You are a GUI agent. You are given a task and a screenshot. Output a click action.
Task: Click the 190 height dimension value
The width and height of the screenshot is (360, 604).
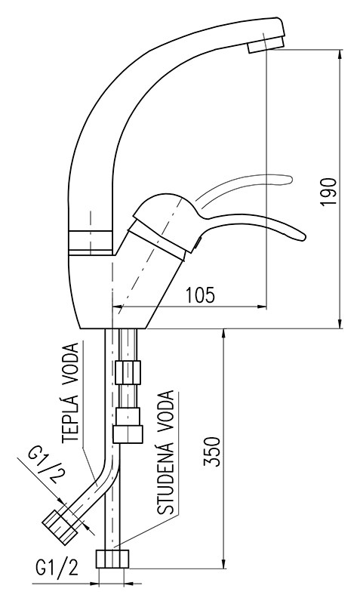[329, 192]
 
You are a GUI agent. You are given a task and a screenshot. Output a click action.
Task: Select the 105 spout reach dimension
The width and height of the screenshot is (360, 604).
[200, 295]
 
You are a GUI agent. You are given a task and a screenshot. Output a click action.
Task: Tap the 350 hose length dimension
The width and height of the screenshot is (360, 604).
[212, 451]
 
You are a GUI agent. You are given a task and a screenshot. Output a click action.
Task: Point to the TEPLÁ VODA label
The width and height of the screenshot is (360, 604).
[71, 391]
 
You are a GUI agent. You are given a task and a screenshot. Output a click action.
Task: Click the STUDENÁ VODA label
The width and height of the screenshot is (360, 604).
[166, 452]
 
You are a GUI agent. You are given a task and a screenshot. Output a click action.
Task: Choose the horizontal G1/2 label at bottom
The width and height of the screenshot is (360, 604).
[57, 567]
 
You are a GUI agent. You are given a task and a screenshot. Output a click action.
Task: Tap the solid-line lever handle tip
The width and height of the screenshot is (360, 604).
[302, 236]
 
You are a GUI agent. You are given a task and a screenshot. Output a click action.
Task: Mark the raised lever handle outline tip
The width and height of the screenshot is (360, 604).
[288, 179]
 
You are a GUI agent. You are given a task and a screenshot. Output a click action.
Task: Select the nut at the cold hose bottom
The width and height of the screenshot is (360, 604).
[112, 559]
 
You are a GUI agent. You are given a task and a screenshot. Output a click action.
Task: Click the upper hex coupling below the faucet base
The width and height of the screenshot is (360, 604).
[128, 371]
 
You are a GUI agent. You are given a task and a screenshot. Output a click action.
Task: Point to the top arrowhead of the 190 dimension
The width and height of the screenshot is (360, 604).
[340, 55]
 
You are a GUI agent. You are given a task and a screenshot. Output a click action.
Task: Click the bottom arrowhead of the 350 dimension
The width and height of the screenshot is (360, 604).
[223, 562]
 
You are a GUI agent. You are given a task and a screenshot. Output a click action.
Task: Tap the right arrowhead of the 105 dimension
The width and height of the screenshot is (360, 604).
[261, 307]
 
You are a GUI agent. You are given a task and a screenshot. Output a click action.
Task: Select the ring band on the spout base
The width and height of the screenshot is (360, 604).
[91, 242]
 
